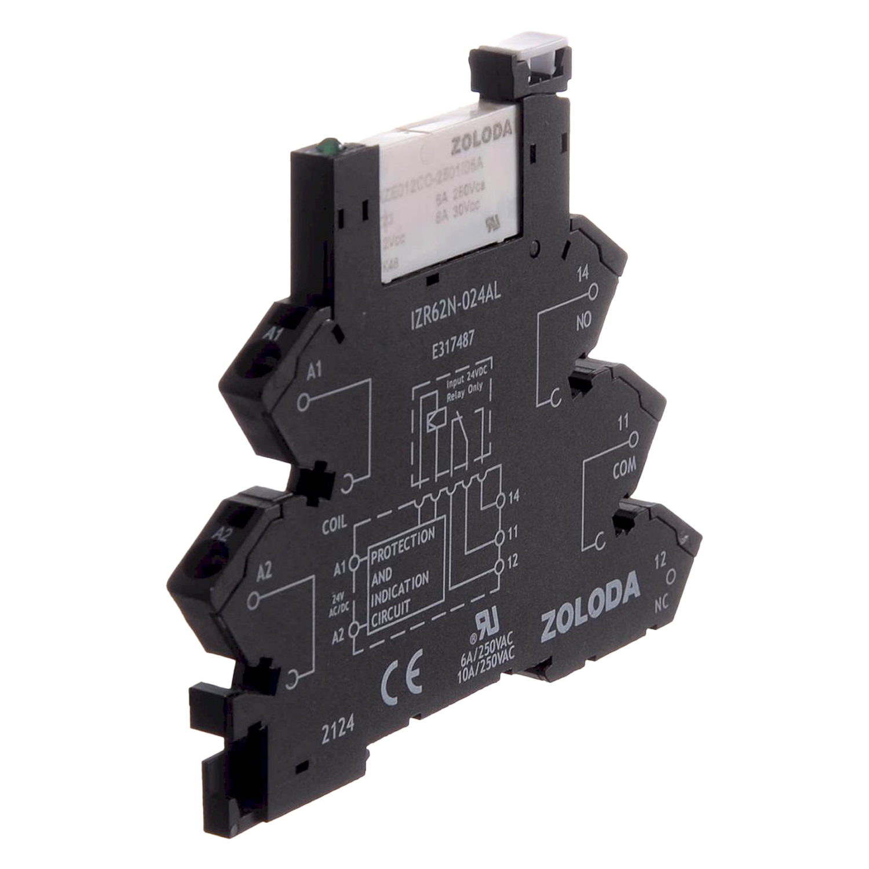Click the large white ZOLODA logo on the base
[x=590, y=607]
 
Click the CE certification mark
[x=402, y=676]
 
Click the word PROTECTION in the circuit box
[x=402, y=545]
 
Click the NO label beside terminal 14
[x=583, y=320]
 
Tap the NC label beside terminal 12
[x=662, y=603]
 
